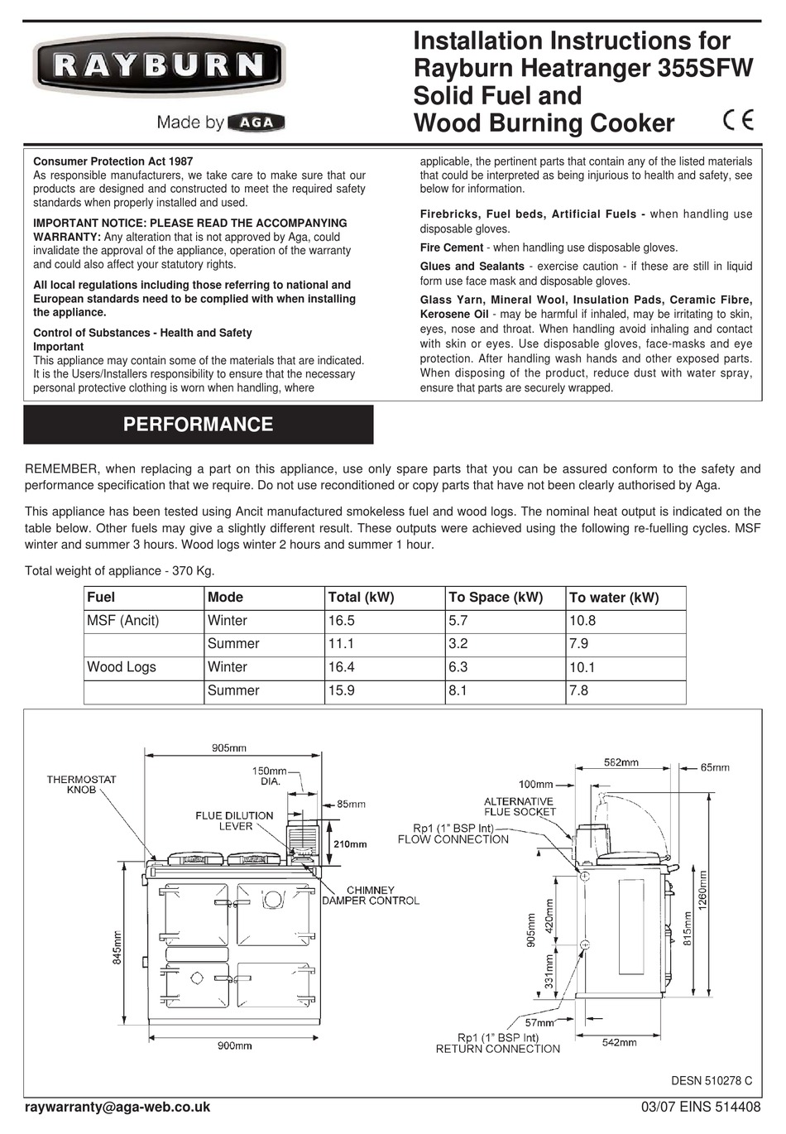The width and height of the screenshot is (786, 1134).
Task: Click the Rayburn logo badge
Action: [158, 66]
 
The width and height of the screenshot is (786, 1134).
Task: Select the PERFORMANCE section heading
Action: [198, 425]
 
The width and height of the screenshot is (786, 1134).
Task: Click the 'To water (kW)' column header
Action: [614, 598]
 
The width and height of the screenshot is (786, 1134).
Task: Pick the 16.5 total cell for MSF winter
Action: [342, 621]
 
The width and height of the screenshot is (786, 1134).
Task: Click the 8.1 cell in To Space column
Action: [458, 690]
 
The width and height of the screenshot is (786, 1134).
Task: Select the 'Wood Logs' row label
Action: [122, 667]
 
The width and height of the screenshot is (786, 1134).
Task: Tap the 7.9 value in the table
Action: [579, 644]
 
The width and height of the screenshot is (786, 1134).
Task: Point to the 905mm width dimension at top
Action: [228, 748]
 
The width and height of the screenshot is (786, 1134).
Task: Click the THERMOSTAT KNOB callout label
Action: [82, 785]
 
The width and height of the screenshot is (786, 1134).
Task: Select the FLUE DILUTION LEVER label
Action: [234, 821]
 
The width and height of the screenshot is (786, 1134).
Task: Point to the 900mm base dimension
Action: [234, 1046]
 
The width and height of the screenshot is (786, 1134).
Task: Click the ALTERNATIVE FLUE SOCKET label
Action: [520, 807]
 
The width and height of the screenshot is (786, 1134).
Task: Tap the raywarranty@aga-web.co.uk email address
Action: [117, 1108]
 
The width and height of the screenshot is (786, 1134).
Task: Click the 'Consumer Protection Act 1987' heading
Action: [113, 161]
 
